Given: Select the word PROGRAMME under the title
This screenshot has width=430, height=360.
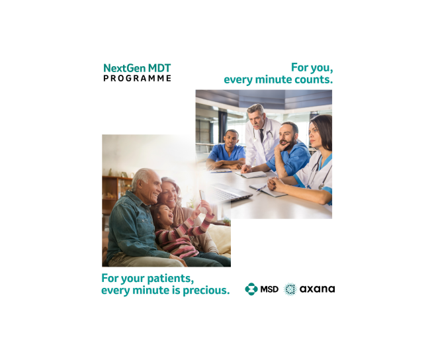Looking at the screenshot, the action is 137,78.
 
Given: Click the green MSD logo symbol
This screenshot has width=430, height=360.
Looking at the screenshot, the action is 251,289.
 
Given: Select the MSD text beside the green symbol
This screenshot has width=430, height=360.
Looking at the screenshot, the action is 269,289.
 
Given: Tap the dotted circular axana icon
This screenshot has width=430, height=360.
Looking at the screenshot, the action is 290,289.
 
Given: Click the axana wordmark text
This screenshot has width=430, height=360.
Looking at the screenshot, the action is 317,289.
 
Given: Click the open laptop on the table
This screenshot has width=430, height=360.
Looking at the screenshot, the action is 231,193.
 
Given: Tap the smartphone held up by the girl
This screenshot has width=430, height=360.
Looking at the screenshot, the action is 202,195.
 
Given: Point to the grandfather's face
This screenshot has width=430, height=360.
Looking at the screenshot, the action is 151,187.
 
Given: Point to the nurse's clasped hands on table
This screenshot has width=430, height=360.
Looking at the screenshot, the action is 275,183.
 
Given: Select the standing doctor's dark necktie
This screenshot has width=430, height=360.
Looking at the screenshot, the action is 262,135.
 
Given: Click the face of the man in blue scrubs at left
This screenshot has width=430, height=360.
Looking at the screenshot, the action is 231,140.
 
